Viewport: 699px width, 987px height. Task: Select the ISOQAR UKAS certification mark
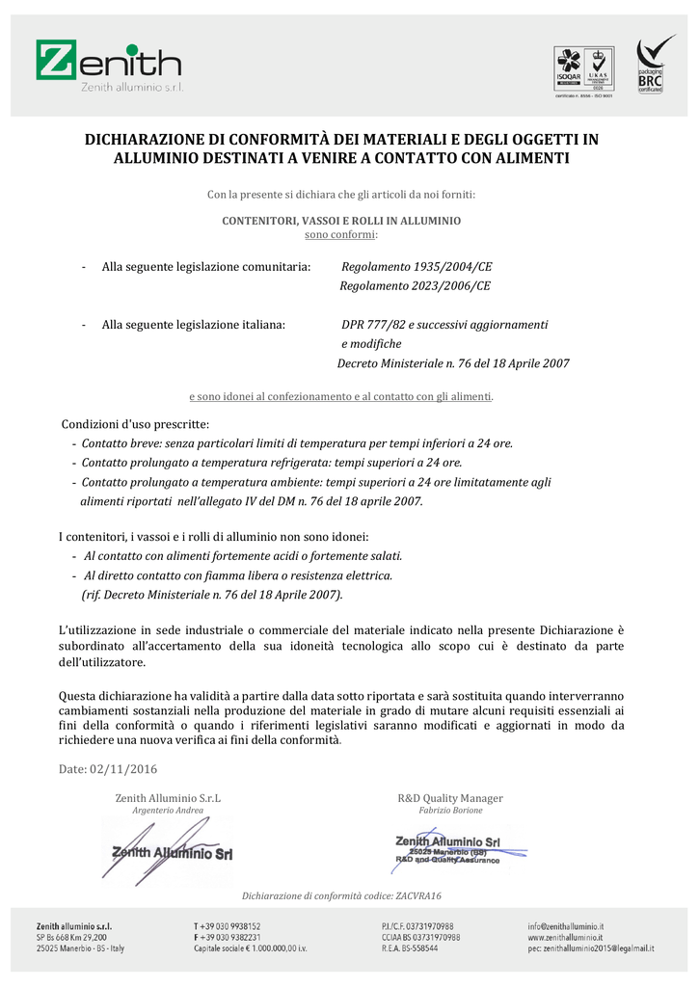click(x=584, y=69)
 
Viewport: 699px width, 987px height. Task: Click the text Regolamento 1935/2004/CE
click(x=417, y=266)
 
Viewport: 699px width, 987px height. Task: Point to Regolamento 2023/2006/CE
click(x=415, y=285)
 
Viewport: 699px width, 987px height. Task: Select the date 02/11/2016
click(x=123, y=769)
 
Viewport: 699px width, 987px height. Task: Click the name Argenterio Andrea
click(x=168, y=811)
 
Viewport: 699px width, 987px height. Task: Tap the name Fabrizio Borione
click(x=450, y=811)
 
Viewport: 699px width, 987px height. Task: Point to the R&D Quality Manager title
click(x=450, y=798)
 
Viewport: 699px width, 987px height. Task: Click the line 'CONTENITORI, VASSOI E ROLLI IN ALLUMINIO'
click(x=341, y=221)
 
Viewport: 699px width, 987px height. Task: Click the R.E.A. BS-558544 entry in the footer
click(x=410, y=948)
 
